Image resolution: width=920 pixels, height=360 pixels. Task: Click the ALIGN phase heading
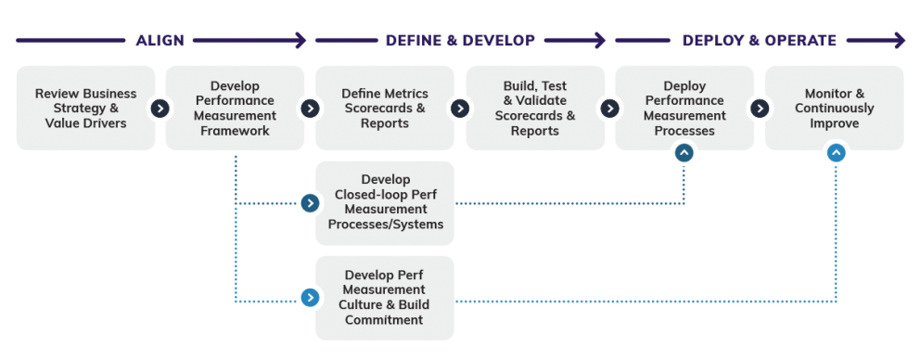(x=160, y=41)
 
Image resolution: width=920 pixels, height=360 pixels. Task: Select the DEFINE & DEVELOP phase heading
(x=460, y=41)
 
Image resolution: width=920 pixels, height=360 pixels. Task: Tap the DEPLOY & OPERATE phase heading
(x=760, y=41)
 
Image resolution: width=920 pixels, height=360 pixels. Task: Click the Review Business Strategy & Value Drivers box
(x=85, y=109)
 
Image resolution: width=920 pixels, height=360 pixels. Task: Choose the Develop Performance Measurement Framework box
(x=235, y=109)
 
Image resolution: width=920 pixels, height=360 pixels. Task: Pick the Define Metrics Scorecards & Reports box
(x=385, y=109)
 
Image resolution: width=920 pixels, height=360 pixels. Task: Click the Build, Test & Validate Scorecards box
(x=534, y=109)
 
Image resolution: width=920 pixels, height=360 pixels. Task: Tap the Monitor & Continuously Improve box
(x=834, y=109)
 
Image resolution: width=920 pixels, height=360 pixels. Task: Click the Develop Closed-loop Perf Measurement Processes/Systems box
(x=385, y=202)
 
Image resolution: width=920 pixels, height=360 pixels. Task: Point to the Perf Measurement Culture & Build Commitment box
(x=385, y=298)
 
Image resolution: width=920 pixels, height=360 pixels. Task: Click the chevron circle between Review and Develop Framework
(x=160, y=109)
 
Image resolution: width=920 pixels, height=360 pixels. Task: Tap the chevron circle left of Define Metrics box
(x=310, y=109)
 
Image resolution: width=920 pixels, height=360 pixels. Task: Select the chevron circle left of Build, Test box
(x=460, y=109)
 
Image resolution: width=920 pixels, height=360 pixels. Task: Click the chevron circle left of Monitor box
(x=760, y=109)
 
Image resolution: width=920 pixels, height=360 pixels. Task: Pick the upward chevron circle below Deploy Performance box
(x=684, y=152)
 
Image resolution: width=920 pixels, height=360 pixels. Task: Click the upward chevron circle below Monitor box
(x=836, y=152)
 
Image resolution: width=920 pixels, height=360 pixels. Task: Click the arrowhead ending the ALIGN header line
(x=300, y=41)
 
